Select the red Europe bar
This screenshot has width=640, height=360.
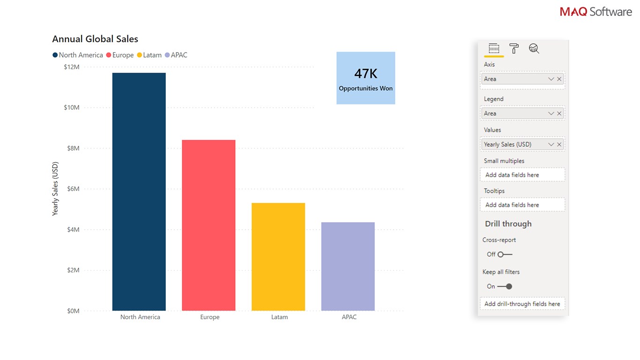pos(208,225)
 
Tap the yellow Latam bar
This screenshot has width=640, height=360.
pos(278,256)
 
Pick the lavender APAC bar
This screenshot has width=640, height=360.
pos(348,266)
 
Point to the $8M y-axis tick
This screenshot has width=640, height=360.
pos(72,148)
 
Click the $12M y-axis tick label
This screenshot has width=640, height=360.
pos(72,67)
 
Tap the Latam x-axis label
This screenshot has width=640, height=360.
pos(279,317)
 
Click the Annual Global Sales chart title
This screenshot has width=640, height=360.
pos(95,39)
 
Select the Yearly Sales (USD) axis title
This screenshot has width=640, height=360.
pos(55,188)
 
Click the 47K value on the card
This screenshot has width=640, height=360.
pos(365,74)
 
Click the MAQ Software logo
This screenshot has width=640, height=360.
pos(595,11)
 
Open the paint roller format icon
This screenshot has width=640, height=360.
pos(514,48)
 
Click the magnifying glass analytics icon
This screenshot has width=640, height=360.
pos(534,48)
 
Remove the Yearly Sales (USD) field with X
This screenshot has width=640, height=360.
pos(559,144)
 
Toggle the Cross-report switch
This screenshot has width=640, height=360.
pos(505,255)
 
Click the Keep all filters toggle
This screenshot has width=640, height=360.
pos(505,286)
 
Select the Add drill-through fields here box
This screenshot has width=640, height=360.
pos(522,304)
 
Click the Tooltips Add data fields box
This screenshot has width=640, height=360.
pos(522,205)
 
